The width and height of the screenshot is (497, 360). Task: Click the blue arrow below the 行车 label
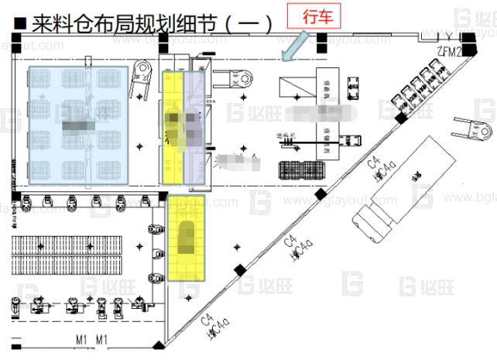[295, 48]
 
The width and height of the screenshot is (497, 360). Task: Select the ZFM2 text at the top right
[450, 52]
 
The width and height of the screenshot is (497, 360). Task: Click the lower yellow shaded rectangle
[187, 237]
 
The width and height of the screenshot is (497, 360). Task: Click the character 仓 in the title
[81, 24]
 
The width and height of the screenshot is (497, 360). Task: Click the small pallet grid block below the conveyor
[293, 169]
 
